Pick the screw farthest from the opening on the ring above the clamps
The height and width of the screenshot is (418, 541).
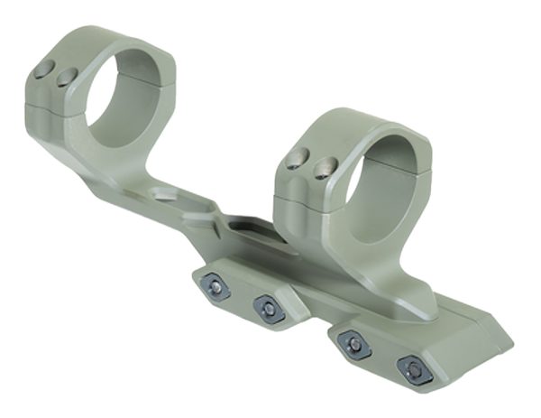[292, 160]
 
